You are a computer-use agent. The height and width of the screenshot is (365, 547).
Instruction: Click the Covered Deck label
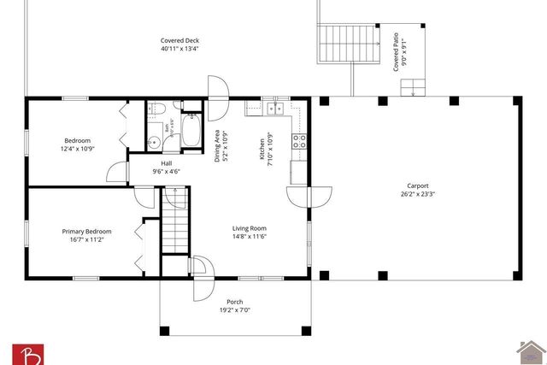pyautogui.click(x=179, y=41)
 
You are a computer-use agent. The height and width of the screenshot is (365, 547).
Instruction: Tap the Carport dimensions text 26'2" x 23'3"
pyautogui.click(x=417, y=193)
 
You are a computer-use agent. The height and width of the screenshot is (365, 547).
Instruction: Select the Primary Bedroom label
pyautogui.click(x=86, y=231)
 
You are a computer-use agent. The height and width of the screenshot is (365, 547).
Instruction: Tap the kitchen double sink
pyautogui.click(x=275, y=109)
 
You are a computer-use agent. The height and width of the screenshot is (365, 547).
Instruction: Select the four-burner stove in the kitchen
pyautogui.click(x=299, y=142)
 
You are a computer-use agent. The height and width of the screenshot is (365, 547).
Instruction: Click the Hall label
pyautogui.click(x=168, y=164)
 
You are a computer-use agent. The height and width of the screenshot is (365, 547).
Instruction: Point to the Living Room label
pyautogui.click(x=250, y=228)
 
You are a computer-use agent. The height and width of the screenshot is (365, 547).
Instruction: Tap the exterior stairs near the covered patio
pyautogui.click(x=347, y=44)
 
